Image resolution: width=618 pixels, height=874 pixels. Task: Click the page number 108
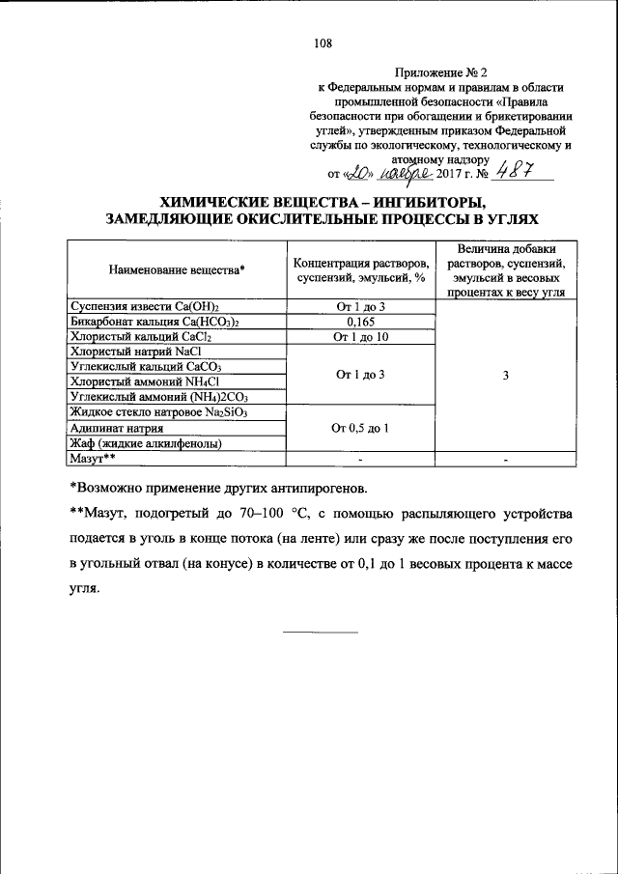pyautogui.click(x=323, y=42)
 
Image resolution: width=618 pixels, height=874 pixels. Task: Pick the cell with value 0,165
pyautogui.click(x=359, y=322)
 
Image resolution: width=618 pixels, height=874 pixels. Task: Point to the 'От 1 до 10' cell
pyautogui.click(x=359, y=337)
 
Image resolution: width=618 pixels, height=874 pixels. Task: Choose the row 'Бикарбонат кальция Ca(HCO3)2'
pyautogui.click(x=154, y=322)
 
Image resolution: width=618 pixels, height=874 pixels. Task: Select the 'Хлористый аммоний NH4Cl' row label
pyautogui.click(x=147, y=382)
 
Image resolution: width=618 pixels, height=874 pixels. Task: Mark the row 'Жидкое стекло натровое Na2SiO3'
pyautogui.click(x=158, y=412)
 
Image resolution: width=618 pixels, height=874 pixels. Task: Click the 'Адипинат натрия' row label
pyautogui.click(x=116, y=428)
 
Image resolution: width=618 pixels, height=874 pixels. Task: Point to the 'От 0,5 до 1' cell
pyautogui.click(x=359, y=428)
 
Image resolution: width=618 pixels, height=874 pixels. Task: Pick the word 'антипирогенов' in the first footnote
pyautogui.click(x=323, y=484)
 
